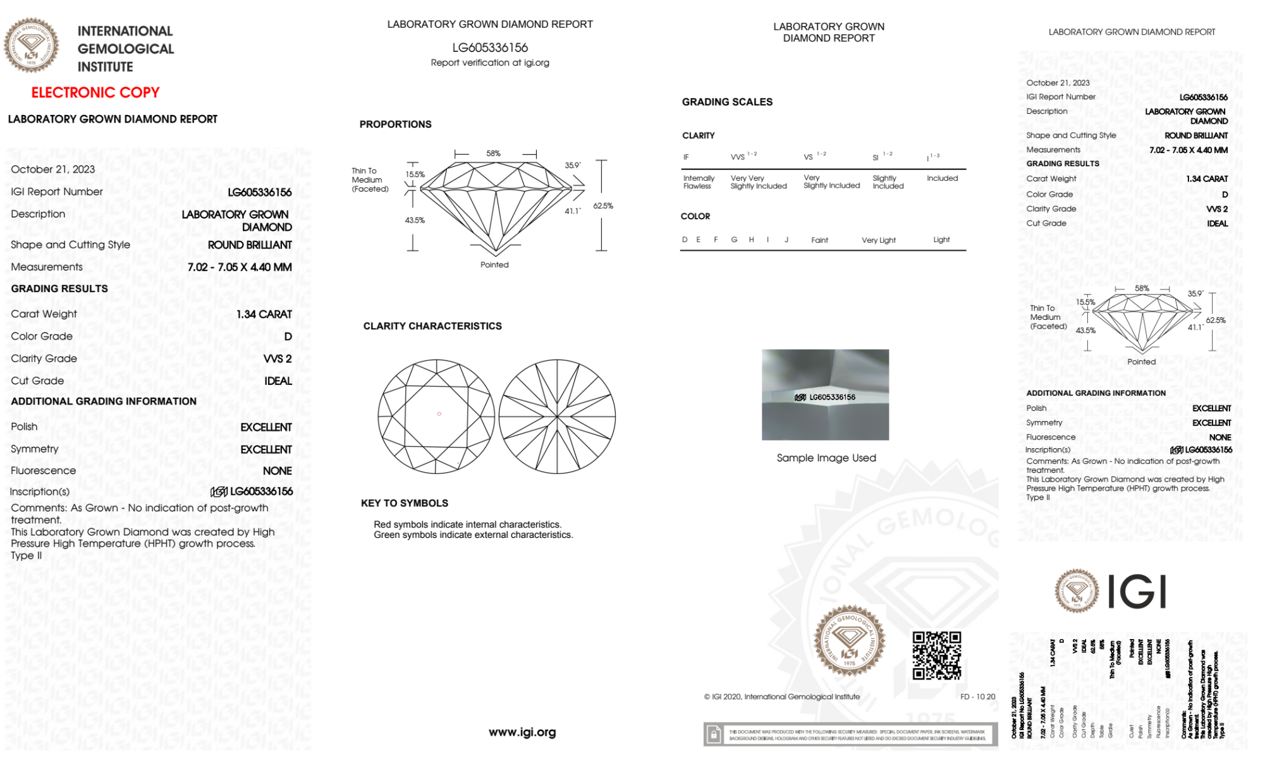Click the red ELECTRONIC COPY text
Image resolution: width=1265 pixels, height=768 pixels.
coord(95,92)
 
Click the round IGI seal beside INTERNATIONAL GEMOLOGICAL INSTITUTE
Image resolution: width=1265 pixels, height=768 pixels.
coord(31,45)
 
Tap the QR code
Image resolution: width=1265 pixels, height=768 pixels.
coord(937,655)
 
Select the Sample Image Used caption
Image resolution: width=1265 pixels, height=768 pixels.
coord(826,458)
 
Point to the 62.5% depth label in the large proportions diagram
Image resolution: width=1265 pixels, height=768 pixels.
coord(603,206)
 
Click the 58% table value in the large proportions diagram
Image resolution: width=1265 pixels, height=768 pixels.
coord(493,154)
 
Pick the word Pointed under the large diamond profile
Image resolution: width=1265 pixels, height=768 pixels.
coord(494,265)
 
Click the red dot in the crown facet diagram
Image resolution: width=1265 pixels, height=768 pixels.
coord(439,414)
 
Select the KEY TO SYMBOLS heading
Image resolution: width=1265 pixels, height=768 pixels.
coord(405,503)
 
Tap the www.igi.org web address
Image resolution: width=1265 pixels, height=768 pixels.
coord(522,732)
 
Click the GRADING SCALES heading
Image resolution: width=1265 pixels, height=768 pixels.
coord(727,102)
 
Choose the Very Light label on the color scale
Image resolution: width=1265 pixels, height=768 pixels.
coord(879,240)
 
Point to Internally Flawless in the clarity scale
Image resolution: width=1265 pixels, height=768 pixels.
coord(699,182)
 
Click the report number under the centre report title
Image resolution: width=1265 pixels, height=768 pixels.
coord(490,47)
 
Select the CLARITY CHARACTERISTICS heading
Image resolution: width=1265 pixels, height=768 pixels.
coord(432,326)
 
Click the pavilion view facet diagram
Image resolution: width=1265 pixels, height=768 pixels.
coord(557,417)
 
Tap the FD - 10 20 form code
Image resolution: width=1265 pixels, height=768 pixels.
coord(977,697)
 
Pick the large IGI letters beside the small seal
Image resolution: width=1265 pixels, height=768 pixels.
coord(1137,592)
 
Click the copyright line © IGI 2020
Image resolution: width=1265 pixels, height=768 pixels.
coord(782,697)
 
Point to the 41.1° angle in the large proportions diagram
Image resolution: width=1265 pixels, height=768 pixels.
coord(573,211)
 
